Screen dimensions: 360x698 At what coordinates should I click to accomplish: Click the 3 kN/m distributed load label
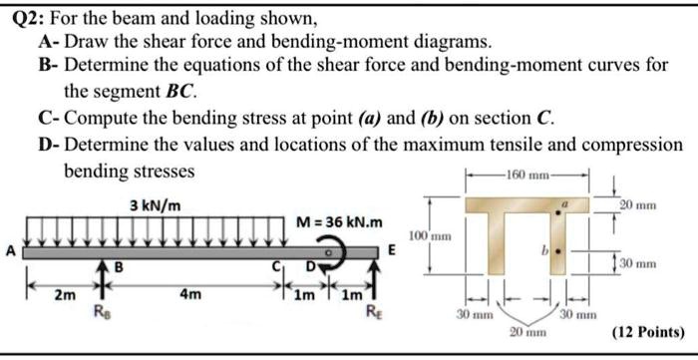[x=156, y=205]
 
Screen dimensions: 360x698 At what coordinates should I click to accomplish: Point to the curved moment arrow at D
[x=345, y=253]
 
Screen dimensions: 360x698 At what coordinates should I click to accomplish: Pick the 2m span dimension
[x=62, y=295]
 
